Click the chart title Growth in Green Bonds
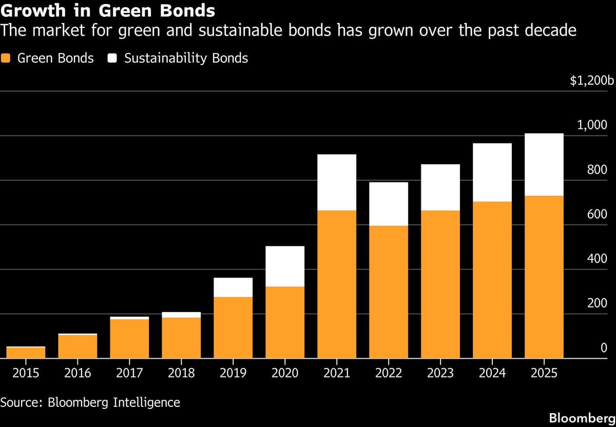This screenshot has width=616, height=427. (x=108, y=10)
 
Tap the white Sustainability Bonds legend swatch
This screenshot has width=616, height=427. (x=113, y=58)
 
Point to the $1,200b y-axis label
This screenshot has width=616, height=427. (x=592, y=81)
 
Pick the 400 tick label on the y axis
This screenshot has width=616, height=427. (x=597, y=259)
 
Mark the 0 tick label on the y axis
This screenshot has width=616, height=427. (x=604, y=348)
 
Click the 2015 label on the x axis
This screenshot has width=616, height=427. (x=26, y=373)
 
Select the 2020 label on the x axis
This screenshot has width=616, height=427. (x=285, y=373)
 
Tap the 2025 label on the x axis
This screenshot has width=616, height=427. (x=544, y=373)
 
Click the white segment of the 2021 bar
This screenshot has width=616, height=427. (x=337, y=182)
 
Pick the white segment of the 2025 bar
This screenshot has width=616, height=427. (x=544, y=164)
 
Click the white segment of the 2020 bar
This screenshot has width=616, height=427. (x=285, y=266)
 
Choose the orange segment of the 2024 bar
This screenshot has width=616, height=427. (x=492, y=280)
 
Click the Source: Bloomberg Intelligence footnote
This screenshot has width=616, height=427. (x=90, y=402)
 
